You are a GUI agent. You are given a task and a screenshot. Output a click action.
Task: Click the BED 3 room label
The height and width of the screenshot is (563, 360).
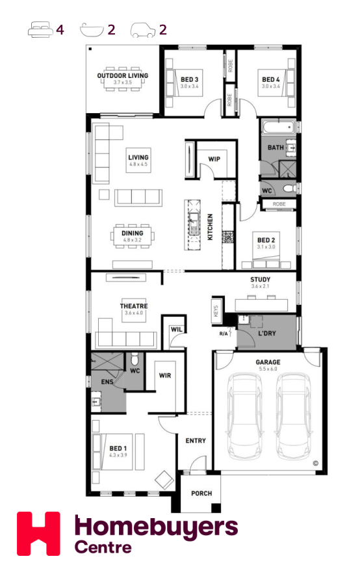point(189,79)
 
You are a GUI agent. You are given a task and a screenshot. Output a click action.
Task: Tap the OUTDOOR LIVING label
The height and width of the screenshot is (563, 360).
point(123,75)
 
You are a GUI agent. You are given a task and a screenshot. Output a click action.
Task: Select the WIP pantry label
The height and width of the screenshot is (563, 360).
point(214,159)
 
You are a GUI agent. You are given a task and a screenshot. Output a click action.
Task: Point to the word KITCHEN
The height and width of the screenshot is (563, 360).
point(211,227)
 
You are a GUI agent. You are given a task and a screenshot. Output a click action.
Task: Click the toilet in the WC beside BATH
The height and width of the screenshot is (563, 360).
point(289,188)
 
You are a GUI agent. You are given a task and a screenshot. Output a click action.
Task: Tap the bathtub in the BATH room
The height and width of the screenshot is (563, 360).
point(279,127)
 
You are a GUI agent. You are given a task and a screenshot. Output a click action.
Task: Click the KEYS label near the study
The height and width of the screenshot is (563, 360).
point(216,311)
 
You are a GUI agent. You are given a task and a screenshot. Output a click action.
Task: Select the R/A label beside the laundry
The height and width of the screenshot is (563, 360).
point(224,334)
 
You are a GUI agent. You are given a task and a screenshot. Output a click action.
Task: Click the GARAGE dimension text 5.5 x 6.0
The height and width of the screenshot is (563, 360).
point(268,369)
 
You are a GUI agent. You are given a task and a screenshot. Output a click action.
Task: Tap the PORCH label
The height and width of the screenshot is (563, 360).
point(201,493)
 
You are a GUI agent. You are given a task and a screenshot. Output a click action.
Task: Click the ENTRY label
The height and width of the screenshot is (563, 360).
point(196,441)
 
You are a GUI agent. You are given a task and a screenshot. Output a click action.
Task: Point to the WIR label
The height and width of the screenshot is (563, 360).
point(165,376)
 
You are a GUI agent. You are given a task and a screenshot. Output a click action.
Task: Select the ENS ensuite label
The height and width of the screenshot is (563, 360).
point(107,382)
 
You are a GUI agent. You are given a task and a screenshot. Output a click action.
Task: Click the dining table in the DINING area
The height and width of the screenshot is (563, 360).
point(133,236)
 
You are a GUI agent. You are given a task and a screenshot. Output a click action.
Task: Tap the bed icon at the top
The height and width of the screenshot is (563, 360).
point(40,29)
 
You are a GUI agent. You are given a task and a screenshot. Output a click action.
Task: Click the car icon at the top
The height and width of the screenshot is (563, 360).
point(143,30)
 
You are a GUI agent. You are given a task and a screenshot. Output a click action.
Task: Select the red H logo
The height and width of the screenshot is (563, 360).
point(38,533)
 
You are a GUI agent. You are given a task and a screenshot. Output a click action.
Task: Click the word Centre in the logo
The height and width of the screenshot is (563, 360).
point(103,547)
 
